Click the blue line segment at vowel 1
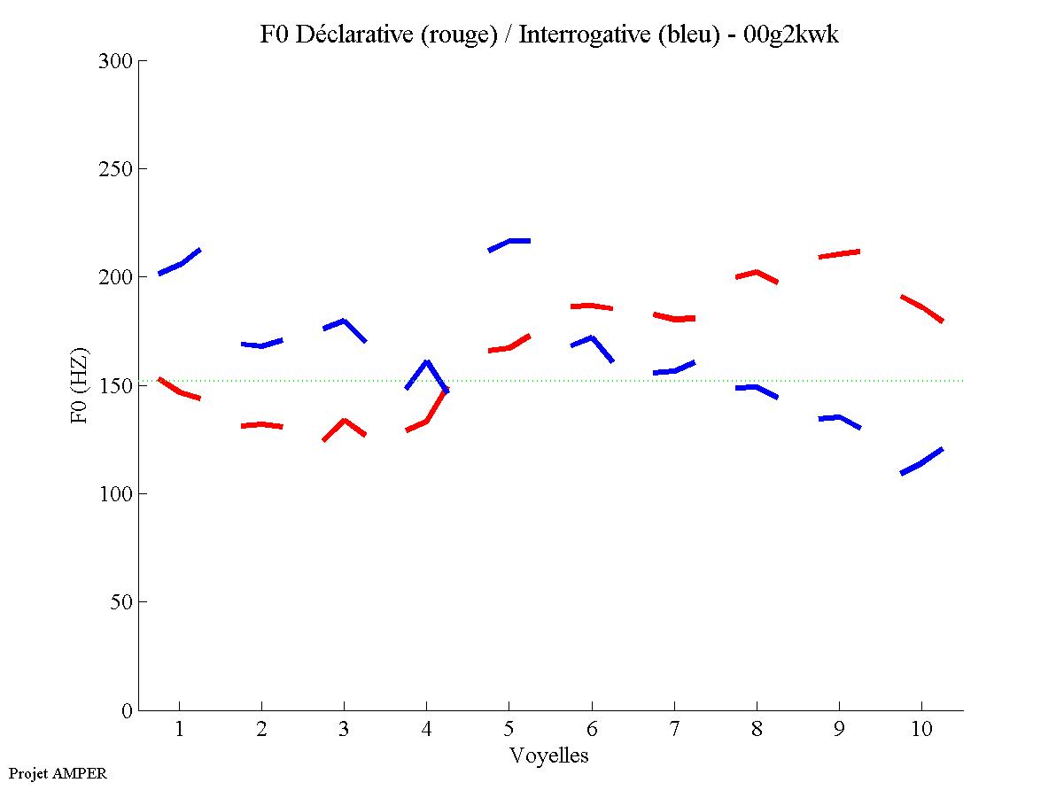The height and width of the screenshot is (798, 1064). point(180,263)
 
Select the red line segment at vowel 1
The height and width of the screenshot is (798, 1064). point(180,391)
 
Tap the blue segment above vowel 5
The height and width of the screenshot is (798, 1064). point(509,242)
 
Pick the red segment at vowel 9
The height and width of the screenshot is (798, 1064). point(839,254)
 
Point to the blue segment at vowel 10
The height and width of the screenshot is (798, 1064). point(921,462)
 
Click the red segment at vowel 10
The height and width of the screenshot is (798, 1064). point(921,307)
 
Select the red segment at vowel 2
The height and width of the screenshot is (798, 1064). point(261,425)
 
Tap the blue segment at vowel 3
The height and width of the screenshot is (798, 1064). point(345,322)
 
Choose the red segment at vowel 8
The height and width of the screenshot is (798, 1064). point(757,273)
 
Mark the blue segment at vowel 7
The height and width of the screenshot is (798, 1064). point(674,369)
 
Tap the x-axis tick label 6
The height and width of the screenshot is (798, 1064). point(592,731)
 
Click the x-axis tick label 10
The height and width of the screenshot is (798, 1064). point(921,731)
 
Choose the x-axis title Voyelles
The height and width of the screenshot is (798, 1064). point(549,755)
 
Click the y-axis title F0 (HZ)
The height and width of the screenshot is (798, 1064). point(79,385)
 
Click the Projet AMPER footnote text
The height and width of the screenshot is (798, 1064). point(58,773)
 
